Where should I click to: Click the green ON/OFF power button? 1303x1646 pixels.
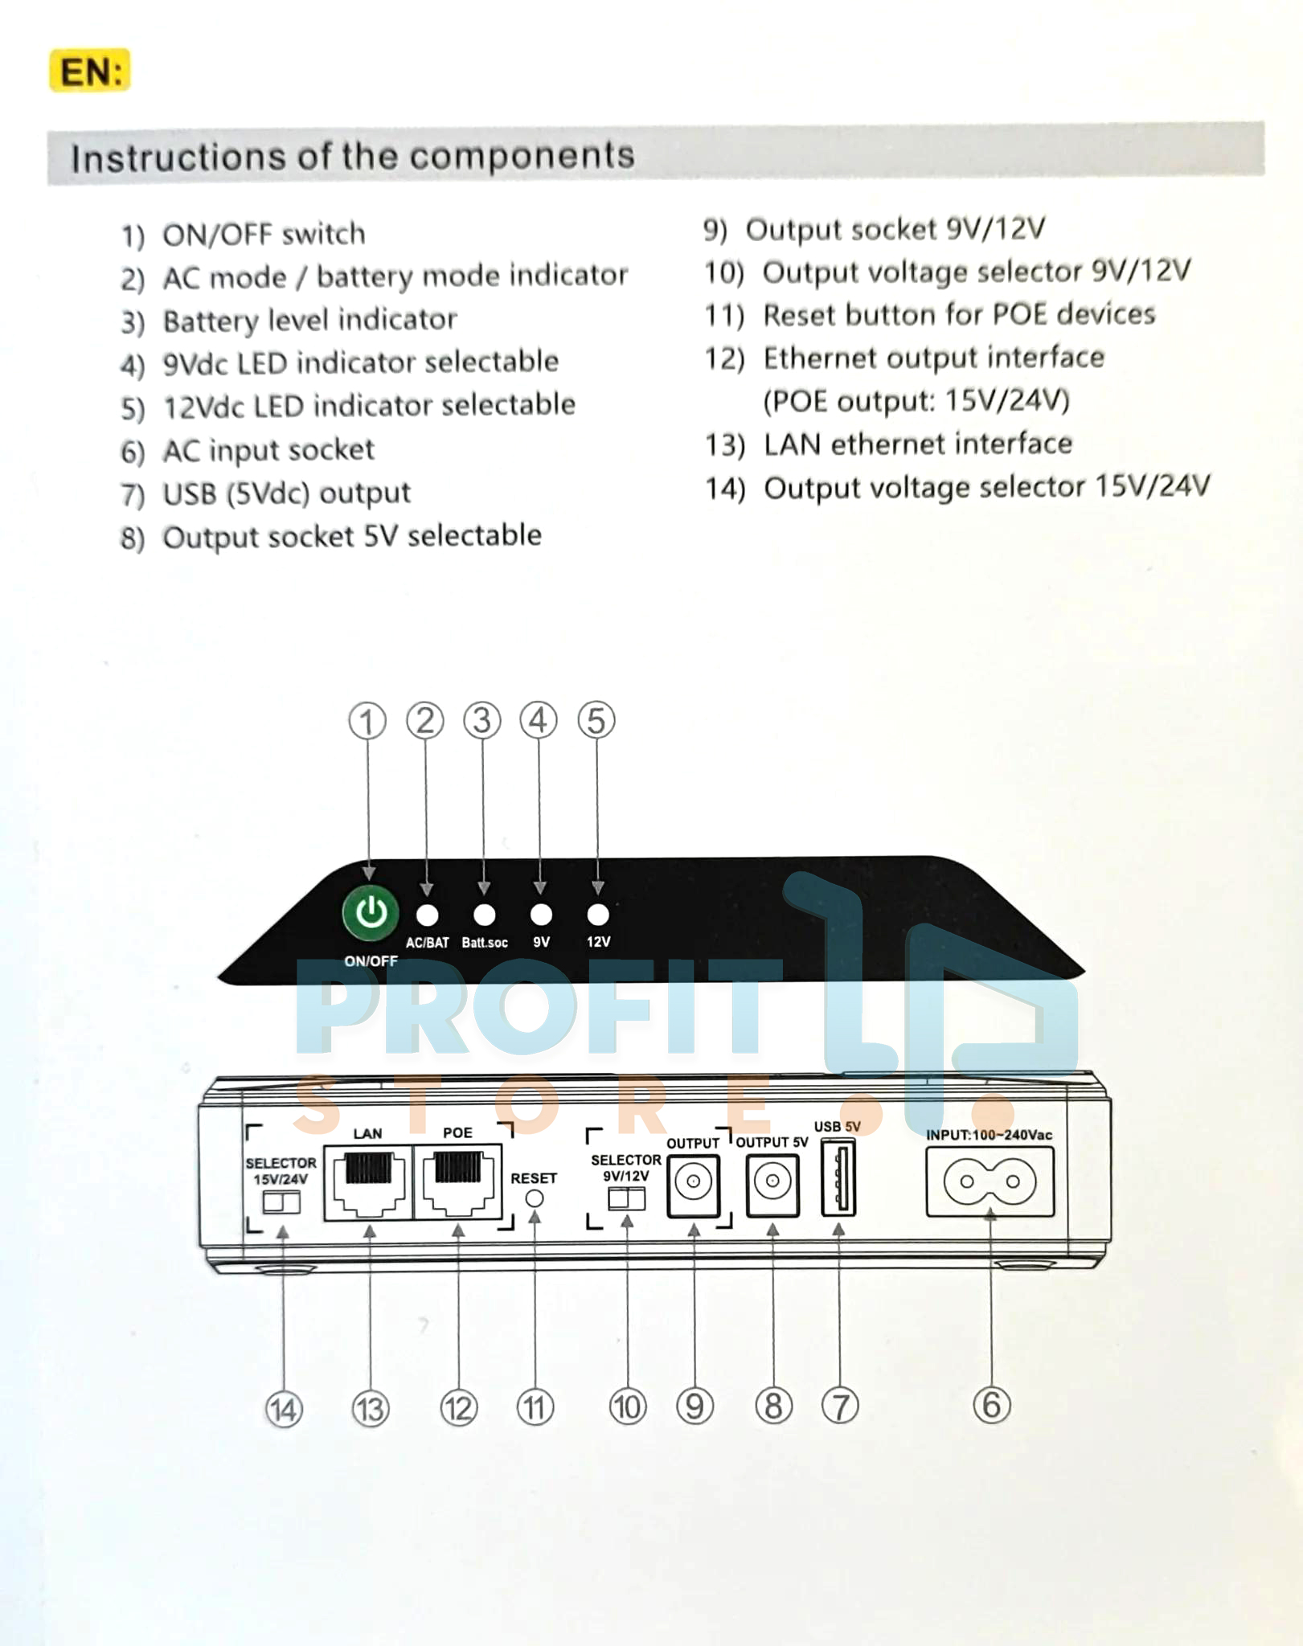click(x=371, y=913)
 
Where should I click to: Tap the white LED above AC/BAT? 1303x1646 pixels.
click(x=427, y=915)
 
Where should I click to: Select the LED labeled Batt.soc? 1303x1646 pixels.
click(x=484, y=915)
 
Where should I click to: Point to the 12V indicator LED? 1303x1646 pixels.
click(x=598, y=915)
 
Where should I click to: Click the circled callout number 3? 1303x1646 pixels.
click(x=482, y=721)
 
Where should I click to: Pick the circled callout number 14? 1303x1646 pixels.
click(x=284, y=1410)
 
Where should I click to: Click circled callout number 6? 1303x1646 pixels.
click(x=991, y=1405)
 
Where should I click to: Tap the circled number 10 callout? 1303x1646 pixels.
click(x=627, y=1407)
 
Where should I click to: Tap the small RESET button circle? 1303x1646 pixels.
click(x=534, y=1198)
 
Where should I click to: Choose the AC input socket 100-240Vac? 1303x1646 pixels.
click(x=990, y=1181)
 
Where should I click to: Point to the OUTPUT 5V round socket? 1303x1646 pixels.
click(x=772, y=1182)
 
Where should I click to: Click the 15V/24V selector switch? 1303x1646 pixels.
click(x=281, y=1202)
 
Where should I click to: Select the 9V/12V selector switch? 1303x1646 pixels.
click(x=626, y=1199)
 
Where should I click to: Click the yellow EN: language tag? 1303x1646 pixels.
click(x=90, y=72)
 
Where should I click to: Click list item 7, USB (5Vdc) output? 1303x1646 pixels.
click(x=285, y=493)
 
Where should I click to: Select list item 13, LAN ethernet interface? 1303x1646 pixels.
click(x=916, y=444)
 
